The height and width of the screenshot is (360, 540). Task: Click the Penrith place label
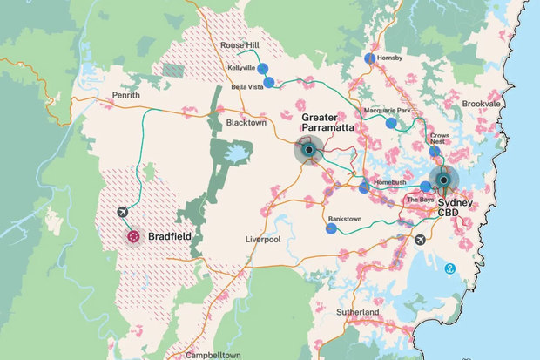[125, 95]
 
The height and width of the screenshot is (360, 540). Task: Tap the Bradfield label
[169, 236]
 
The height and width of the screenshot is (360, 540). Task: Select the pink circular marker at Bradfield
[133, 235]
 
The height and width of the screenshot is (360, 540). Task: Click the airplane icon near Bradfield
[121, 212]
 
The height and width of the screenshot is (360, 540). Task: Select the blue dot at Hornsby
[370, 58]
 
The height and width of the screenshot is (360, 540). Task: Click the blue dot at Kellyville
[262, 68]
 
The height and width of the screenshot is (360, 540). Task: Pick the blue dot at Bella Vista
[269, 83]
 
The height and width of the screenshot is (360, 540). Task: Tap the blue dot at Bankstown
[331, 228]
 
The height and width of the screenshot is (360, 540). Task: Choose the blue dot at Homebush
[363, 187]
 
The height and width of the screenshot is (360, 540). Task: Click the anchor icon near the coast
[450, 268]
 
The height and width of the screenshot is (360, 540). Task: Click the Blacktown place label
[246, 123]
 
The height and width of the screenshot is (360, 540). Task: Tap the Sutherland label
[358, 312]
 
